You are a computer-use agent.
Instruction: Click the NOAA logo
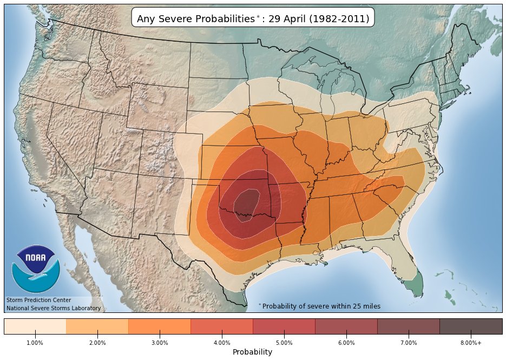coord(35,269)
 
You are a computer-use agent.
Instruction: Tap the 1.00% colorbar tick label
coord(35,343)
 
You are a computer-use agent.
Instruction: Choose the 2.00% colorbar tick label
coord(97,343)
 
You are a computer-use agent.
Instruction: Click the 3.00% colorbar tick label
coord(160,343)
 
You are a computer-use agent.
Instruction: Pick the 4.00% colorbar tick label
coord(222,343)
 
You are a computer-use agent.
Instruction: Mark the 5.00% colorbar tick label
coord(284,343)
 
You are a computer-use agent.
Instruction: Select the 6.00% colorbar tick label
coord(346,343)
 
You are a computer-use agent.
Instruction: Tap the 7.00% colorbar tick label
coord(409,343)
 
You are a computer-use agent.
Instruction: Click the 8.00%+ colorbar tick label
coord(471,343)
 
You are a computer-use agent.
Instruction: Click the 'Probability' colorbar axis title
coord(252,352)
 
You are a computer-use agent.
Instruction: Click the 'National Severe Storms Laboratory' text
coord(53,308)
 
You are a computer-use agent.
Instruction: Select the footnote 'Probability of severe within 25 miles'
coord(321,306)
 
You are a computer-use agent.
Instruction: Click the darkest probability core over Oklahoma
coord(246,203)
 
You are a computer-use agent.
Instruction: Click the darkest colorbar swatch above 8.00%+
coord(471,326)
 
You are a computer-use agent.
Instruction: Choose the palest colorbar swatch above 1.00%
coord(35,326)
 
